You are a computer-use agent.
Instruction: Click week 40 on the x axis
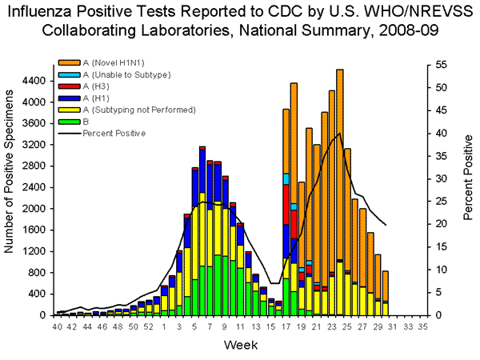click(x=58, y=326)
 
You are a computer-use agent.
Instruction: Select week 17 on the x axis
click(x=286, y=326)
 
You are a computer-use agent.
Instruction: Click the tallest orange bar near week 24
click(x=340, y=160)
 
